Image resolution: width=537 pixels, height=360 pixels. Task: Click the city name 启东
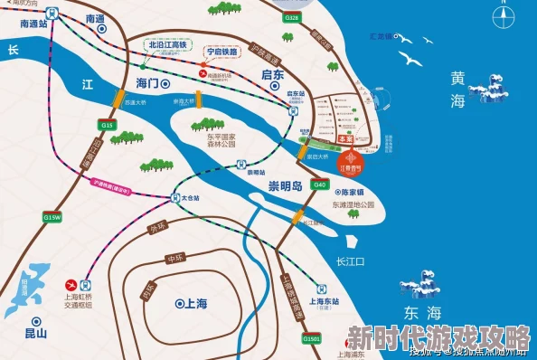[x=272, y=75]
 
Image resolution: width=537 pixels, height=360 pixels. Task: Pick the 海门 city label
[x=147, y=83]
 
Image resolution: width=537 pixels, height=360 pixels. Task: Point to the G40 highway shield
[x=319, y=184]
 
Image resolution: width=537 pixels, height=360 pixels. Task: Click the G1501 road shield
[x=313, y=337]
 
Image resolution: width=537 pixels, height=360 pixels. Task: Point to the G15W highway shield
[x=52, y=218]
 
